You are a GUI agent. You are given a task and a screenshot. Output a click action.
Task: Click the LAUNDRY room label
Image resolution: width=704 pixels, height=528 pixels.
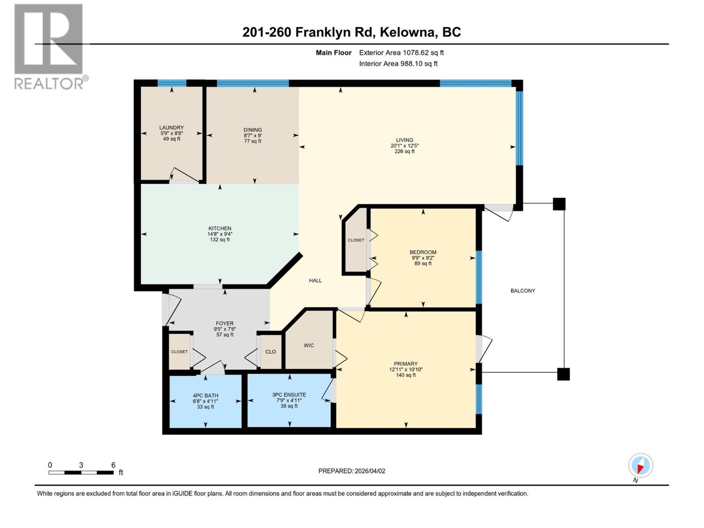[172, 128]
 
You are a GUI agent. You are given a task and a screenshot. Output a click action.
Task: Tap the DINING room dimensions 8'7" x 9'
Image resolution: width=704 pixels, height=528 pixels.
[253, 136]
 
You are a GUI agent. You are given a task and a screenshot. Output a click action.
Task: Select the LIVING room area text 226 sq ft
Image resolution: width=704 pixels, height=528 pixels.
[404, 151]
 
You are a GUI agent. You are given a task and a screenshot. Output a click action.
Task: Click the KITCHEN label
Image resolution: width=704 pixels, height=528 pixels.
[220, 228]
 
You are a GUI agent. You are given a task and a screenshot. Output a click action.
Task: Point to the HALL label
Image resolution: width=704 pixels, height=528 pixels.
[315, 280]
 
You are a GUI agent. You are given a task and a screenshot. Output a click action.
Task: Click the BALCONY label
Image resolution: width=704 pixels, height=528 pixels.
[523, 290]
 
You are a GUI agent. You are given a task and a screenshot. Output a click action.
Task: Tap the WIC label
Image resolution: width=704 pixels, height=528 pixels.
[308, 345]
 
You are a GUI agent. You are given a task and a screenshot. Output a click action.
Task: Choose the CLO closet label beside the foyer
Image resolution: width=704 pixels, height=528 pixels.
[271, 352]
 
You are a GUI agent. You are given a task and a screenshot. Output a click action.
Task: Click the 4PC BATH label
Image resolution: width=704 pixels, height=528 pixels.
[205, 396]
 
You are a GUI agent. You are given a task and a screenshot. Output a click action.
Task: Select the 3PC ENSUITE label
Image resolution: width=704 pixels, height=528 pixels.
[289, 395]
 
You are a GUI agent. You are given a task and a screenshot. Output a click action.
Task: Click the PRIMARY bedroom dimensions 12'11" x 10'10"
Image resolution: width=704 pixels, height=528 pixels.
[406, 370]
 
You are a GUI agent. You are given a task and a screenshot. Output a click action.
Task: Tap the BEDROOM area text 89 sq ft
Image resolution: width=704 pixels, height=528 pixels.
[423, 264]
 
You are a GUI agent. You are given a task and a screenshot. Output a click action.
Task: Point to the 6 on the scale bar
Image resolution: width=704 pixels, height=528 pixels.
[114, 465]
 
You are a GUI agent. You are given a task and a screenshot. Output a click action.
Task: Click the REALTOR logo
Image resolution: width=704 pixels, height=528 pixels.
[49, 46]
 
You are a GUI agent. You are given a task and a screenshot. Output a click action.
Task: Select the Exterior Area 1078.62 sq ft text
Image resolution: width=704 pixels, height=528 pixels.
[401, 53]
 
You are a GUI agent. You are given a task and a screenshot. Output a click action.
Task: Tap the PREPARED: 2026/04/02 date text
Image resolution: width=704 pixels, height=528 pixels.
[352, 471]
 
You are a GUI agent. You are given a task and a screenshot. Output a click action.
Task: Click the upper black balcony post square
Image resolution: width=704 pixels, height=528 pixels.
[559, 204]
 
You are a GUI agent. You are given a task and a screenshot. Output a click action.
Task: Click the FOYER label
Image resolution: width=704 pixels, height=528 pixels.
[224, 323]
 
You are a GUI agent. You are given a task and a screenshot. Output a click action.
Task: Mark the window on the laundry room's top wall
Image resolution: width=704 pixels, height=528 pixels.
[172, 83]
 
